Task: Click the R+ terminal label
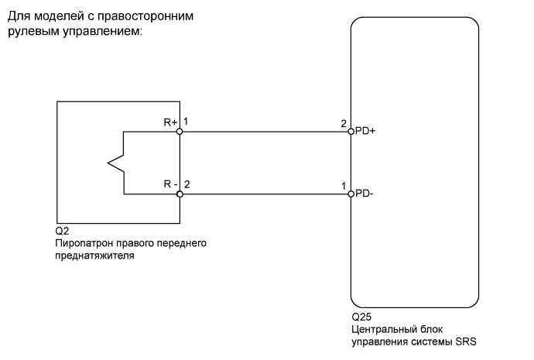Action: point(170,122)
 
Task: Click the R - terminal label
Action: point(170,184)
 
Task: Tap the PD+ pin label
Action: point(365,132)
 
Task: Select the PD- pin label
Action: point(364,194)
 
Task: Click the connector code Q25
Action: point(361,317)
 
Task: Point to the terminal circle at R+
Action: point(180,132)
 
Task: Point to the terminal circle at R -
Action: point(180,194)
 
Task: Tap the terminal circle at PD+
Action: point(351,132)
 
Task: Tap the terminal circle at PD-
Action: point(351,194)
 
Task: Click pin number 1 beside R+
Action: point(187,122)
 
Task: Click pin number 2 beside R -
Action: point(187,184)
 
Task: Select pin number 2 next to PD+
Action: point(343,123)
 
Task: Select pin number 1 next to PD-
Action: point(343,185)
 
